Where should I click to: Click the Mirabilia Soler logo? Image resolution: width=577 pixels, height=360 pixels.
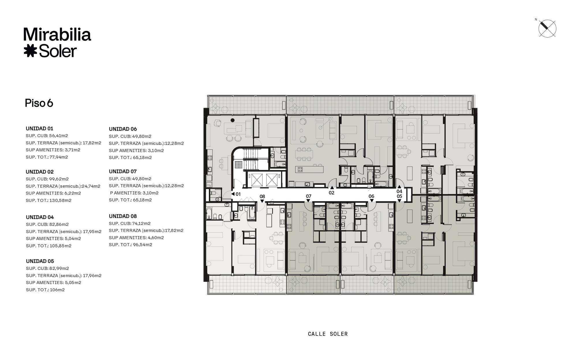point(57,42)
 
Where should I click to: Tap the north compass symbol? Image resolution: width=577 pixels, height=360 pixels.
point(547,29)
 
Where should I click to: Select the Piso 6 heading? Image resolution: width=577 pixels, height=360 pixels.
point(39,103)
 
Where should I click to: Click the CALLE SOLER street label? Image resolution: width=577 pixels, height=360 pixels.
point(328,334)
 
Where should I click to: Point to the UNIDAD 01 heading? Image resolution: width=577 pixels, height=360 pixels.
point(40,128)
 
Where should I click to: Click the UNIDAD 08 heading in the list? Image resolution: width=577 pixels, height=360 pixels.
point(123,216)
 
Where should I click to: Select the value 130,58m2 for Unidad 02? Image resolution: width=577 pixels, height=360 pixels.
point(60,200)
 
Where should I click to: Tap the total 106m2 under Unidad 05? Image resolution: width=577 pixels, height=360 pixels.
point(57,290)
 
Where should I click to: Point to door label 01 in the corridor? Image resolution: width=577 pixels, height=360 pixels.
point(238,194)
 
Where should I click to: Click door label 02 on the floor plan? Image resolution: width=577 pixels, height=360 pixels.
point(331,193)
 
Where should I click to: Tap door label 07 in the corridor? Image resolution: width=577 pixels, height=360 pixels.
point(309,196)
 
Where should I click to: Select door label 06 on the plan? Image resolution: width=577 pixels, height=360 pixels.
point(371,196)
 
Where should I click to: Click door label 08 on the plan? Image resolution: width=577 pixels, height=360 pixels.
point(262,197)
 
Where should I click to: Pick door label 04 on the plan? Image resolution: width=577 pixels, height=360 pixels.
point(399,191)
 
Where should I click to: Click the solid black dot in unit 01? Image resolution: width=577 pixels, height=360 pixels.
point(233,120)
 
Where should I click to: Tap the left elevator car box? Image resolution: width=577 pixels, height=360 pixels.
point(256,180)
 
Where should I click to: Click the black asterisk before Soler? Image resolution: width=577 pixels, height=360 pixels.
point(30,51)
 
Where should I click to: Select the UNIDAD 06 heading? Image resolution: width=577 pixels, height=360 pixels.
point(123,129)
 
